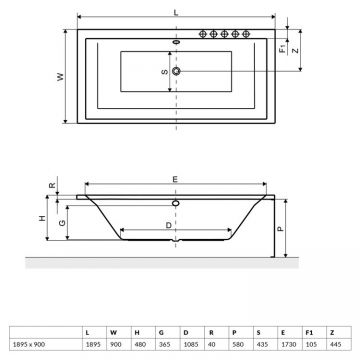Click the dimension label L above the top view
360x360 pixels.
[x=177, y=11]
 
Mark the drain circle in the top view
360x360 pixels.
[x=177, y=72]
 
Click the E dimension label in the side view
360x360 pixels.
[x=177, y=178]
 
